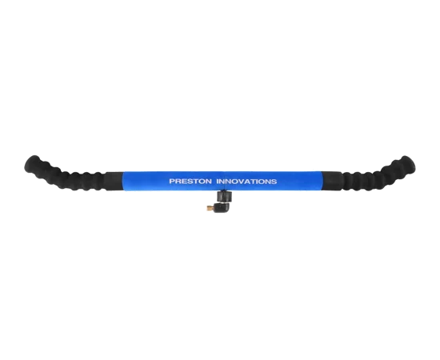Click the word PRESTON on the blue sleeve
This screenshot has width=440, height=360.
190,182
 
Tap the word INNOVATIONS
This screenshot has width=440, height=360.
246,182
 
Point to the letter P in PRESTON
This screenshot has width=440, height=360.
172,182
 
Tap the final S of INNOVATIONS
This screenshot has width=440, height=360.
274,182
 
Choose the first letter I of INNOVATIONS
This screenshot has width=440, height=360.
218,182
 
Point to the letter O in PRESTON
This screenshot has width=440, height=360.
202,182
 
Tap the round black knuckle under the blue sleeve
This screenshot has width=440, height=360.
225,196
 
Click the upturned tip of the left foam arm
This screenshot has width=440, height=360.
33,162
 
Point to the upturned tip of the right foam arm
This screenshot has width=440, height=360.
407,162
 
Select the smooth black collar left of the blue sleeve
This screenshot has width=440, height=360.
114,181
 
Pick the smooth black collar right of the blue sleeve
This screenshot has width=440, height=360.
330,181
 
